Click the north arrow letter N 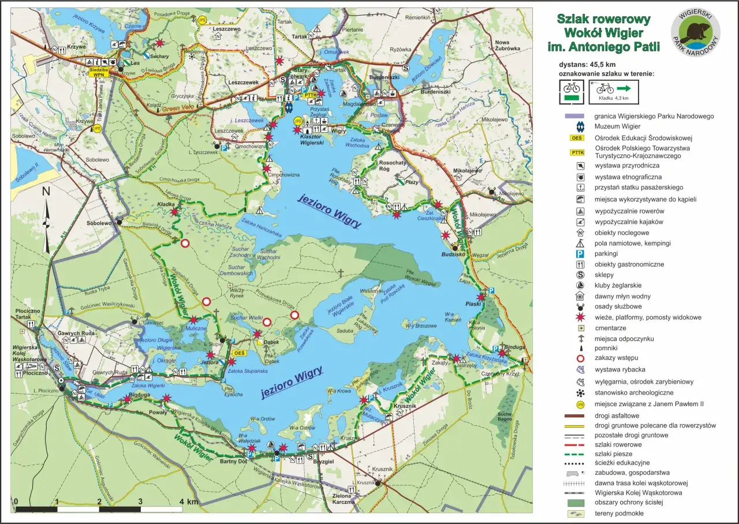[46, 192]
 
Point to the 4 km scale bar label [189, 501]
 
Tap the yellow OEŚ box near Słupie [238, 353]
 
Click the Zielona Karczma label [344, 498]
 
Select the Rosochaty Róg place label [393, 166]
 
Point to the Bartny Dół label [234, 462]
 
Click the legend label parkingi [607, 253]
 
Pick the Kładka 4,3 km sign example [614, 92]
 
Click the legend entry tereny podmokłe [619, 513]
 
